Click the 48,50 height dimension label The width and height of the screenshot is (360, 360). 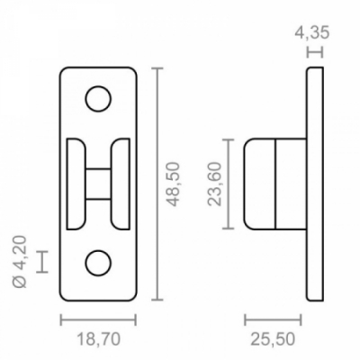pos(174,184)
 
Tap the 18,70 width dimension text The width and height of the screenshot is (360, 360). pos(99,339)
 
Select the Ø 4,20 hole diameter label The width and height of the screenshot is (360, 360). pos(21,262)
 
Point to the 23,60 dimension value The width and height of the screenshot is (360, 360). pos(214,184)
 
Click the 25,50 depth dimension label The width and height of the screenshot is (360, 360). pos(273,339)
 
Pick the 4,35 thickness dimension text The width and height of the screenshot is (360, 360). pos(312,32)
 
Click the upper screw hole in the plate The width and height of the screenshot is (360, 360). pos(98,99)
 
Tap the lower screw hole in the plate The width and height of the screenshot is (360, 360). pos(98,263)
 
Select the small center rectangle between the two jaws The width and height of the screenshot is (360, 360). pos(98,184)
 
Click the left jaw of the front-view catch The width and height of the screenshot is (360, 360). pos(75,184)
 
